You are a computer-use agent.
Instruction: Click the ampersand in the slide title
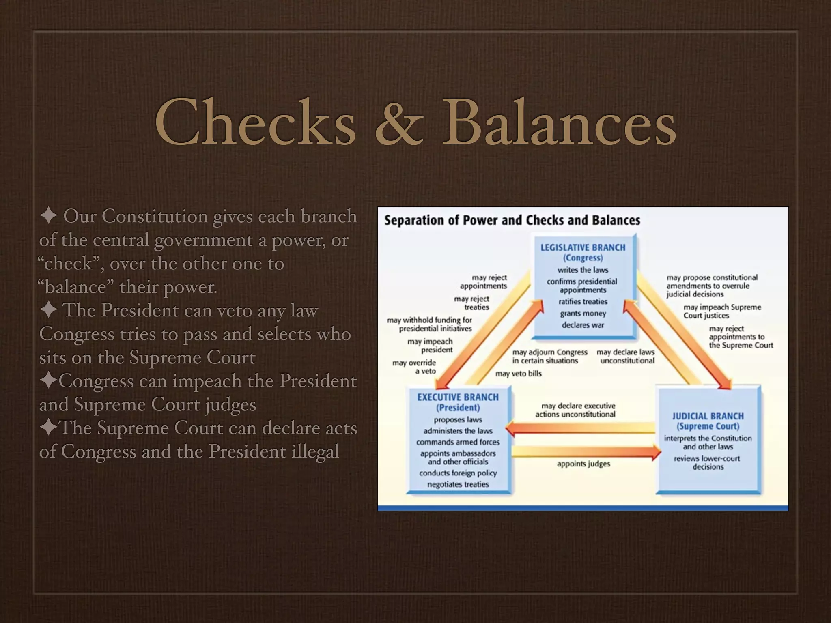click(x=399, y=122)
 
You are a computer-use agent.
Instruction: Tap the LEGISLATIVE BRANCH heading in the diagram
click(x=583, y=247)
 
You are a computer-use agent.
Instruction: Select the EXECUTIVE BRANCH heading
click(x=458, y=397)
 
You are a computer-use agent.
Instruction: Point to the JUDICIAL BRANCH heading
click(x=708, y=416)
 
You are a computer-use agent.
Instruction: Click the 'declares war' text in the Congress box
click(x=583, y=325)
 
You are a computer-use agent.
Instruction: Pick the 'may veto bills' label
click(x=518, y=374)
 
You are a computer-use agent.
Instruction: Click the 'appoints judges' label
click(x=583, y=464)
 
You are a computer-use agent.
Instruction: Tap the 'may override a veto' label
click(x=414, y=367)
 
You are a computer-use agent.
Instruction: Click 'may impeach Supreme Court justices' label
click(x=722, y=311)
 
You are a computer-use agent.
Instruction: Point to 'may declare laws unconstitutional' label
click(x=625, y=356)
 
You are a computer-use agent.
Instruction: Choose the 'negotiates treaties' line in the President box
click(x=458, y=484)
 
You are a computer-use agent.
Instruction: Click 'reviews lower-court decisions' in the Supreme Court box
click(x=707, y=462)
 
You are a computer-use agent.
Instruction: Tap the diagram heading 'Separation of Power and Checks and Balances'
click(x=512, y=220)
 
